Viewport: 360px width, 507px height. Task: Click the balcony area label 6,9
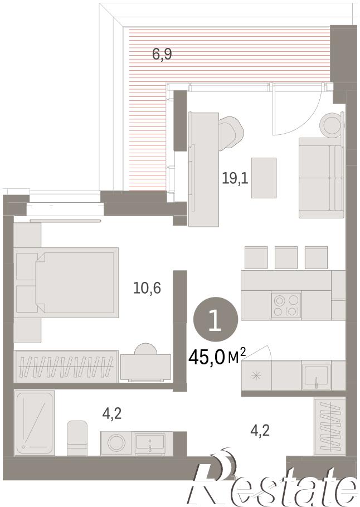[162, 54]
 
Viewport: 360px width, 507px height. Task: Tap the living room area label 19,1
[235, 178]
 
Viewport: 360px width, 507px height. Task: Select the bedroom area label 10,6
[147, 287]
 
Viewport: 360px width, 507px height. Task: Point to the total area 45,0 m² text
[217, 357]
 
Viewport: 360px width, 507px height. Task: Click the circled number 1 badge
[216, 319]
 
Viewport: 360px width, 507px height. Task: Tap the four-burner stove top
[286, 305]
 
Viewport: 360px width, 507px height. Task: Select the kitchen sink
[316, 376]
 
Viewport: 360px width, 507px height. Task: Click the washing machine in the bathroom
[116, 443]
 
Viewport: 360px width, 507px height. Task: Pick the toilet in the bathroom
[77, 438]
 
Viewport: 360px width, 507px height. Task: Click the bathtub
[35, 423]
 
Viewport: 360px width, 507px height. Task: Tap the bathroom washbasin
[150, 444]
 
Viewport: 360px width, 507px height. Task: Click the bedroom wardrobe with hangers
[66, 366]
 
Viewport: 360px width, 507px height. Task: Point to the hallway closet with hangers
[330, 426]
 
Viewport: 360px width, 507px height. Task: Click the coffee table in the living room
[264, 178]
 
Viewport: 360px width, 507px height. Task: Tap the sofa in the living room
[321, 178]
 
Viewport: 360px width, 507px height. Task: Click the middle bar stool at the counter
[286, 258]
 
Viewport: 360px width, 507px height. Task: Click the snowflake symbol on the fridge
[256, 376]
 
